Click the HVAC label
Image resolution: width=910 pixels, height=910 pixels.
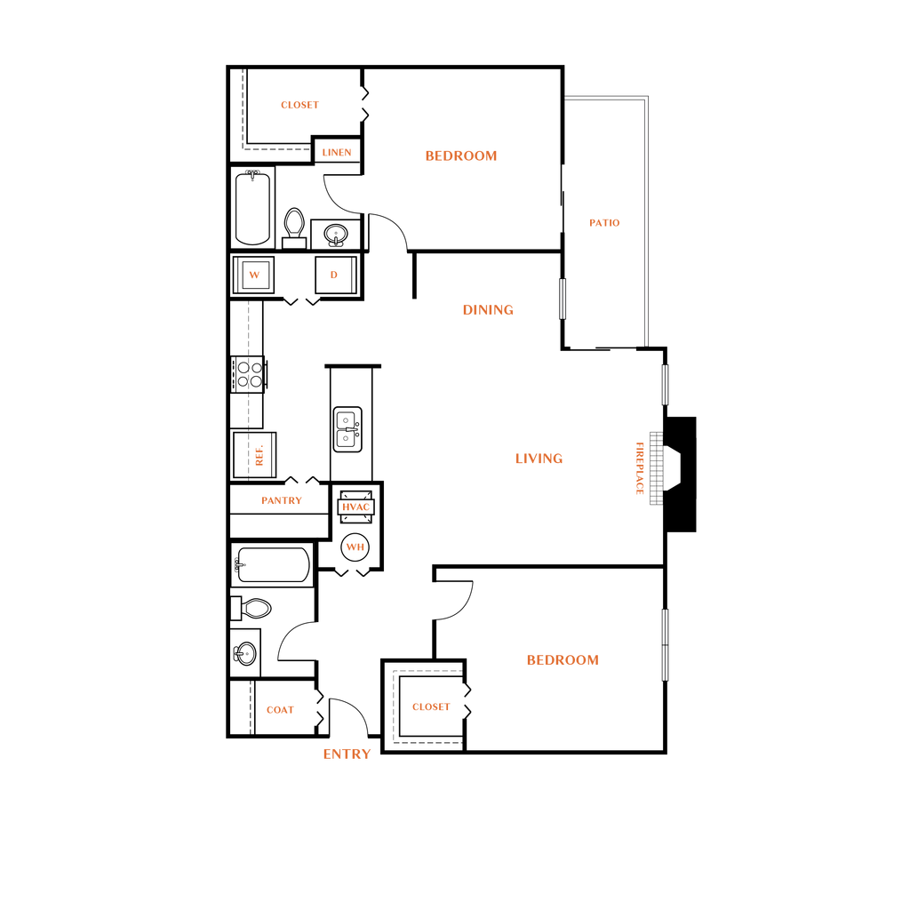point(355,507)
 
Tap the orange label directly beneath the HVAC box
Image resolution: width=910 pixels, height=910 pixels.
point(355,547)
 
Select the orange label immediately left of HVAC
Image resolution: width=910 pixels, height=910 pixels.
point(282,500)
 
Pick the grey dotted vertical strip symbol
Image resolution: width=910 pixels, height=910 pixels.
point(656,468)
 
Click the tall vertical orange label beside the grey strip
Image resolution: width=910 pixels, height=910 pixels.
point(640,468)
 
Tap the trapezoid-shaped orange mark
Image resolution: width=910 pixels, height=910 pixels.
point(254,275)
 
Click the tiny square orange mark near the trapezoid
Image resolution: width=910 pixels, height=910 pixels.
point(334,275)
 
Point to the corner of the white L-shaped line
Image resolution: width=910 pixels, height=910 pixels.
point(645,98)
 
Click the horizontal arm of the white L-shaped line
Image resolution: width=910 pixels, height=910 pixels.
point(604,98)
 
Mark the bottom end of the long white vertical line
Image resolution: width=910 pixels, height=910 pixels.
point(645,343)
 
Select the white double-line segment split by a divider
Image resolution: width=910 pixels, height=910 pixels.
point(665,644)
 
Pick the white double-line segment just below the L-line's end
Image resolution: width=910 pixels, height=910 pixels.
point(665,384)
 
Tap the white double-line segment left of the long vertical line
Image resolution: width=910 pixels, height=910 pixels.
point(562,299)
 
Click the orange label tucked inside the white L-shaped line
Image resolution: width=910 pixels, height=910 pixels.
point(604,222)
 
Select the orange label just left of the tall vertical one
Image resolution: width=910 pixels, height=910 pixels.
point(539,459)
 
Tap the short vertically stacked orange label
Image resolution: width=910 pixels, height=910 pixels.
point(259,456)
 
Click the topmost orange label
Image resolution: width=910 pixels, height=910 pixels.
point(299,105)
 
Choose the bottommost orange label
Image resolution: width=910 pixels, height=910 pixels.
point(347,754)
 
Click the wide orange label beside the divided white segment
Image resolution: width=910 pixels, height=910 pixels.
point(563,659)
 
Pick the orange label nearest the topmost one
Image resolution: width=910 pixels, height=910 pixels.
point(337,152)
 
